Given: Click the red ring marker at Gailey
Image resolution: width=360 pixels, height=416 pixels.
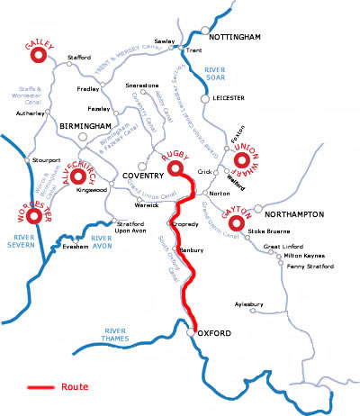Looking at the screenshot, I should coord(39,57).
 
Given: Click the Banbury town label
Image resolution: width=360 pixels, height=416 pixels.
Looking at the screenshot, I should coord(193,249).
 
